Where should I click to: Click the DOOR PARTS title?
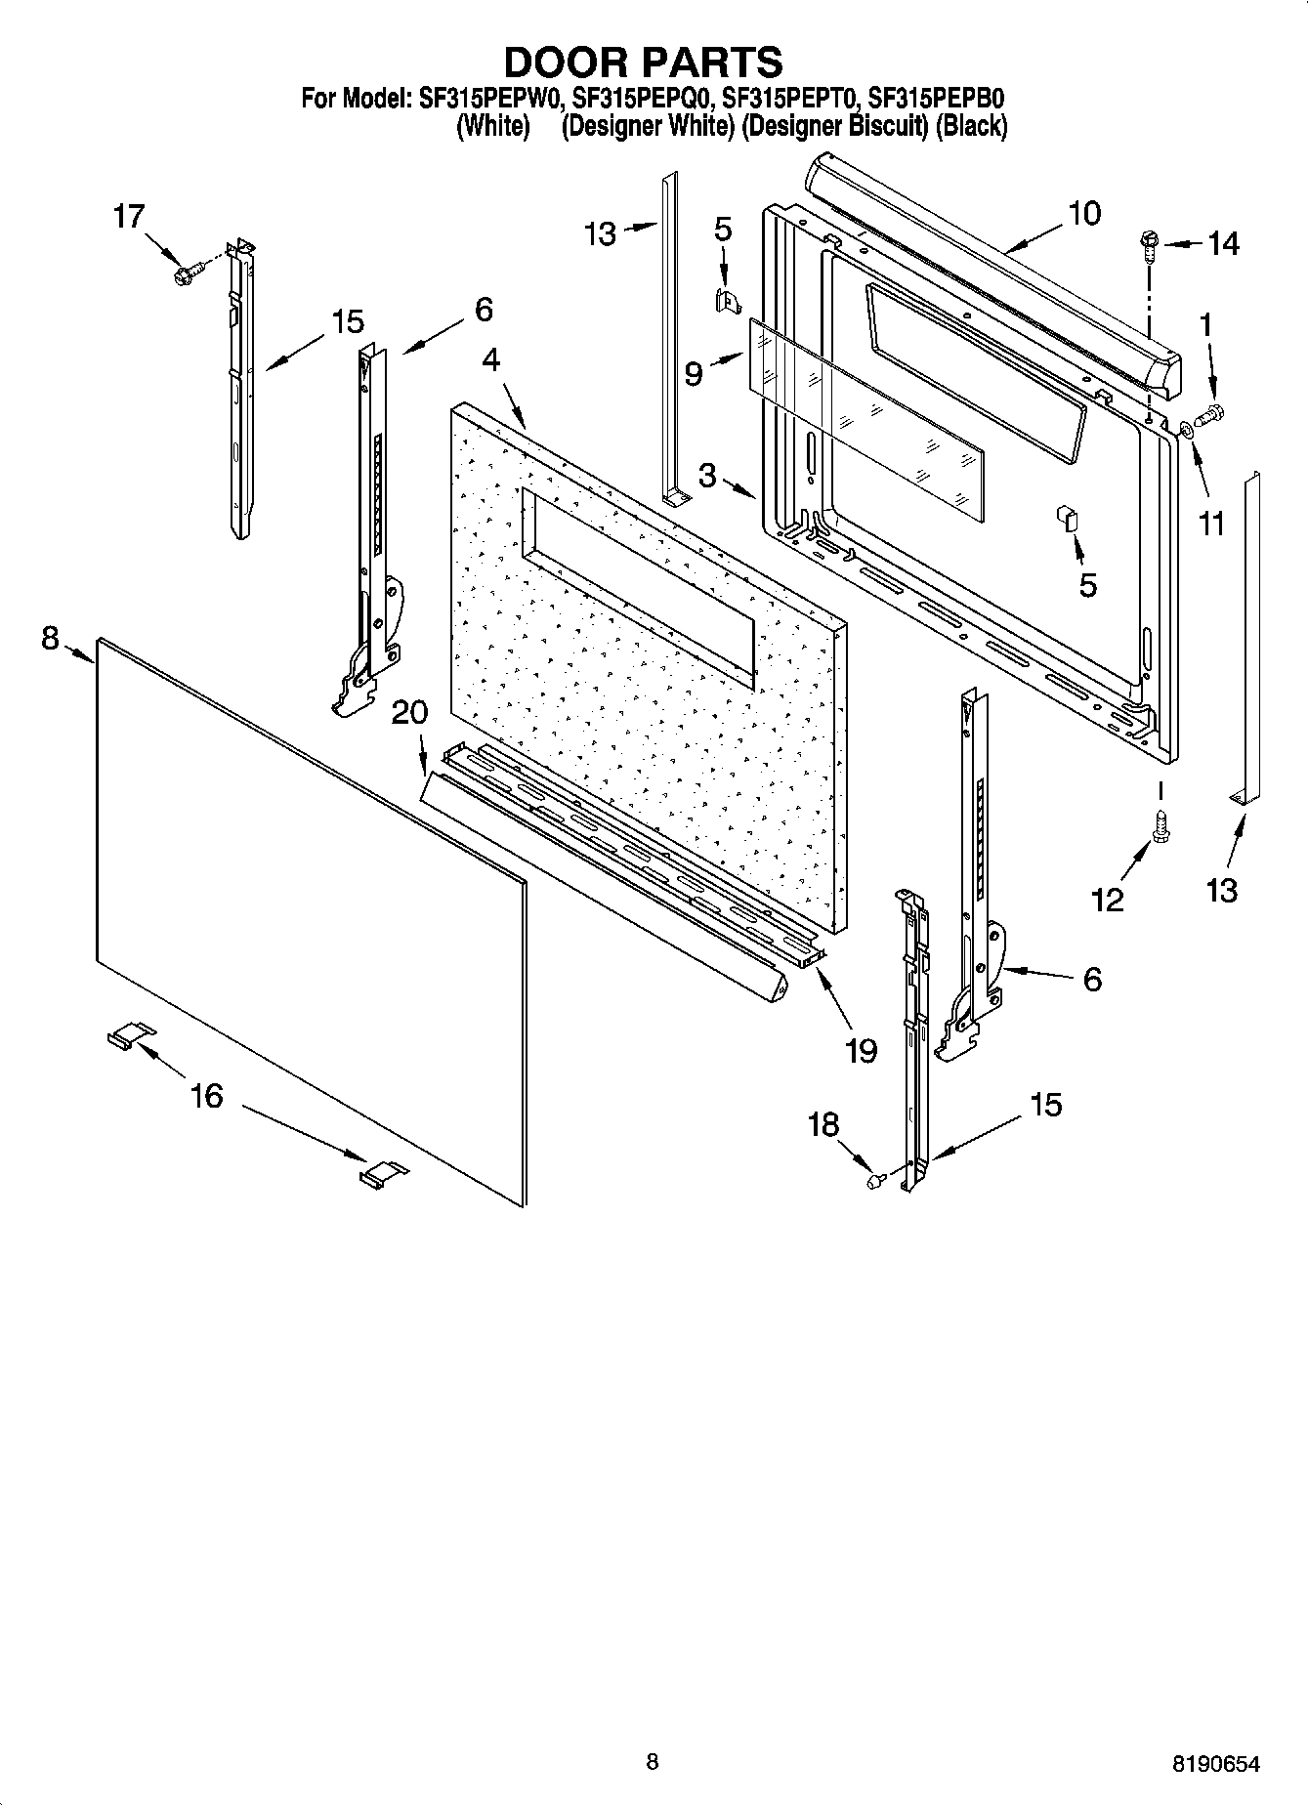pos(643,62)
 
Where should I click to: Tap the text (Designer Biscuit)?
pos(833,126)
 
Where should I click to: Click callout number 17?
pos(128,217)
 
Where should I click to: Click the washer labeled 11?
pos(1185,428)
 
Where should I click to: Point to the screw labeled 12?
pos(1161,825)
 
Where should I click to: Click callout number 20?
pos(409,712)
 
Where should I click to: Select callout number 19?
pos(861,1050)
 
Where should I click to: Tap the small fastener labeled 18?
pos(876,1181)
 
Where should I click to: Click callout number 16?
pos(206,1096)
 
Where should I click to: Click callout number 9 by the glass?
pos(693,373)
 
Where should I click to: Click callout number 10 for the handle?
pos(1084,213)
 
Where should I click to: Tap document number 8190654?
pos(1215,1764)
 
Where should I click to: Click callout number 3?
pos(707,476)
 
